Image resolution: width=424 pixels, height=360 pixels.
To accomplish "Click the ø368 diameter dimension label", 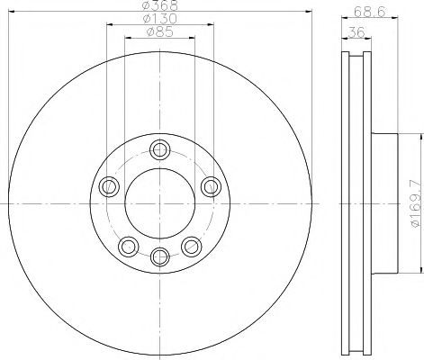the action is click(160, 5).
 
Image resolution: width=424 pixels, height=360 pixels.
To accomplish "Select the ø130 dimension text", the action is click(160, 19).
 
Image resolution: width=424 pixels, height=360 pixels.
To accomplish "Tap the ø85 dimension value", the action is click(160, 31).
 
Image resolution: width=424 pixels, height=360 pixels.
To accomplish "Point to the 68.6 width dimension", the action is click(370, 12).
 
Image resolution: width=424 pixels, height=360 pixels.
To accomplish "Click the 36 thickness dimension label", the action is click(356, 31).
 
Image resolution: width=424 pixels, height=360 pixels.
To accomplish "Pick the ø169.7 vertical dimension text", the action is click(417, 203).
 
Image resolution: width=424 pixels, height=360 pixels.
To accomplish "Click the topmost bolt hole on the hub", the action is click(160, 149).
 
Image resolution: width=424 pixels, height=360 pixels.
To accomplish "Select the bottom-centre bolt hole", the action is click(160, 256).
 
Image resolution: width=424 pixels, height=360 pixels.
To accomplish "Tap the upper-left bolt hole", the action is click(109, 186).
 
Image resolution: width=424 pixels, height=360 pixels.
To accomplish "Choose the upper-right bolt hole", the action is click(211, 186).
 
